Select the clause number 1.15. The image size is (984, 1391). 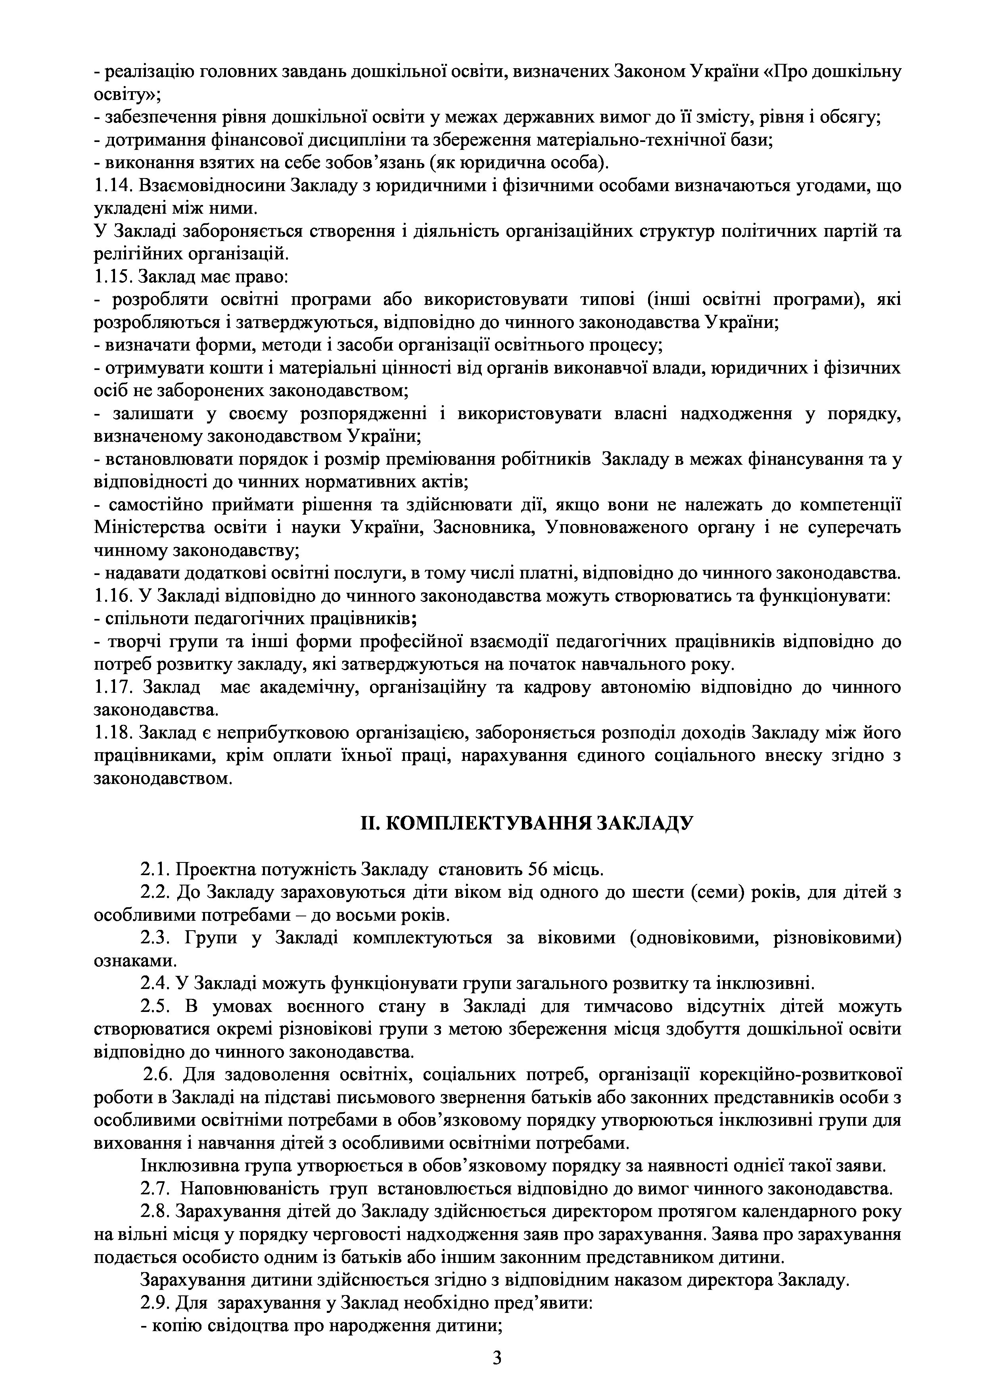113,277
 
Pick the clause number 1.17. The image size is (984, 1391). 113,687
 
